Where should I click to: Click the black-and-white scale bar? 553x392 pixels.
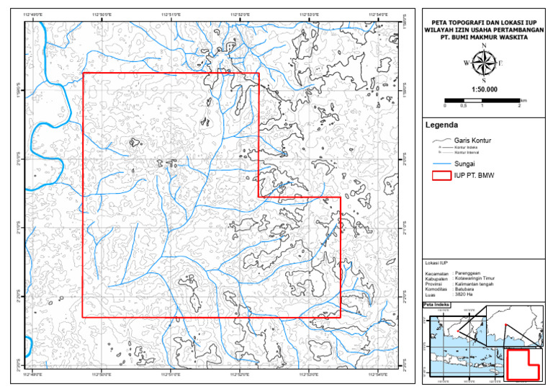tap(482, 99)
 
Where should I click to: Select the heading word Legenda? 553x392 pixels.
tap(442, 125)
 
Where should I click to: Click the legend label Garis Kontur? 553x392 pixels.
tap(472, 141)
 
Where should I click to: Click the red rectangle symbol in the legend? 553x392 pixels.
tap(440, 176)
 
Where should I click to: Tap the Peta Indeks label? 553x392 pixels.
tap(436, 305)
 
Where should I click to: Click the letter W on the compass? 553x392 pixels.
tap(467, 63)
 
